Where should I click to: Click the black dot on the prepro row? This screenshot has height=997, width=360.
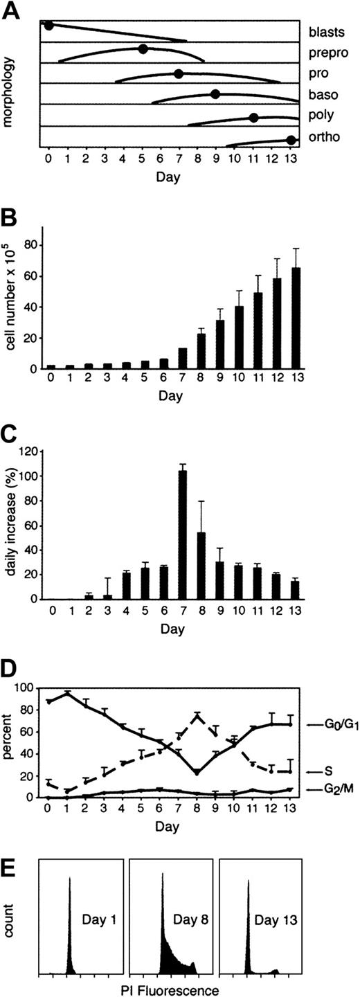pos(143,48)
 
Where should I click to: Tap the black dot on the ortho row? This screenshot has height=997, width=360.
pos(291,140)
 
